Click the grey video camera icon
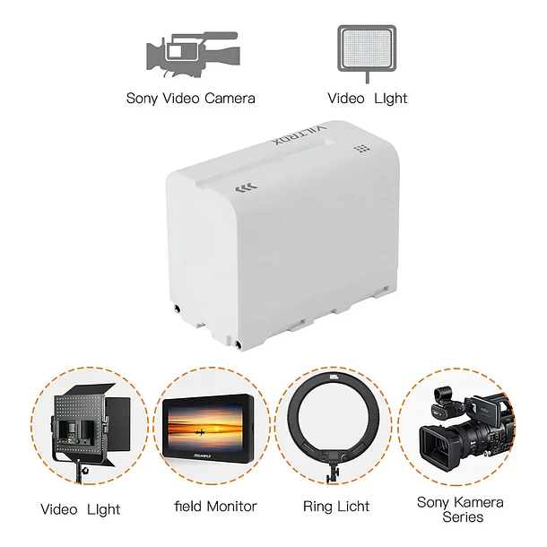click(x=193, y=55)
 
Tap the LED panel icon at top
click(x=367, y=52)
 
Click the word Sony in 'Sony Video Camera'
click(x=142, y=99)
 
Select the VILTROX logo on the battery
click(x=300, y=135)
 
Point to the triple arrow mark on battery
click(x=247, y=188)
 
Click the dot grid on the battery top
click(x=362, y=149)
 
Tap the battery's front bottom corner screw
click(x=239, y=345)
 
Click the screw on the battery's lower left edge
click(x=178, y=308)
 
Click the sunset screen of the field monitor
click(x=205, y=428)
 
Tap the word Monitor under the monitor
click(x=231, y=506)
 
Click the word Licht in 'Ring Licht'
click(x=352, y=507)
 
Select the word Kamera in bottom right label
click(x=479, y=502)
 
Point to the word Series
click(x=463, y=517)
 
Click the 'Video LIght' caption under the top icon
click(x=368, y=99)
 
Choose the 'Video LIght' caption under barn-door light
click(x=80, y=509)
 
